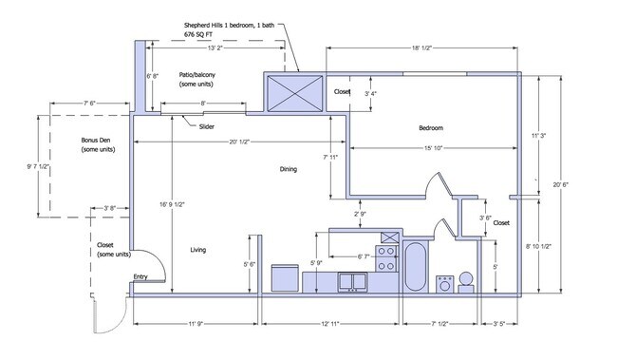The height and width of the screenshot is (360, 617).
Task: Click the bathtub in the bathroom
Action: coord(416,268)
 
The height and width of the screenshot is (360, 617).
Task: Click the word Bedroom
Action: coord(431,128)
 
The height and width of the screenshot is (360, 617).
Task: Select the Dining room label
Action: coord(289,170)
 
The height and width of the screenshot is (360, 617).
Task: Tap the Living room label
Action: coord(197,250)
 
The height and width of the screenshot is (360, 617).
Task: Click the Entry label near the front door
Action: coord(140,277)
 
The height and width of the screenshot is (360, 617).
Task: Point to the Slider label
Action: coord(207,125)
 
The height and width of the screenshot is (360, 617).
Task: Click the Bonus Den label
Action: coord(97,144)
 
